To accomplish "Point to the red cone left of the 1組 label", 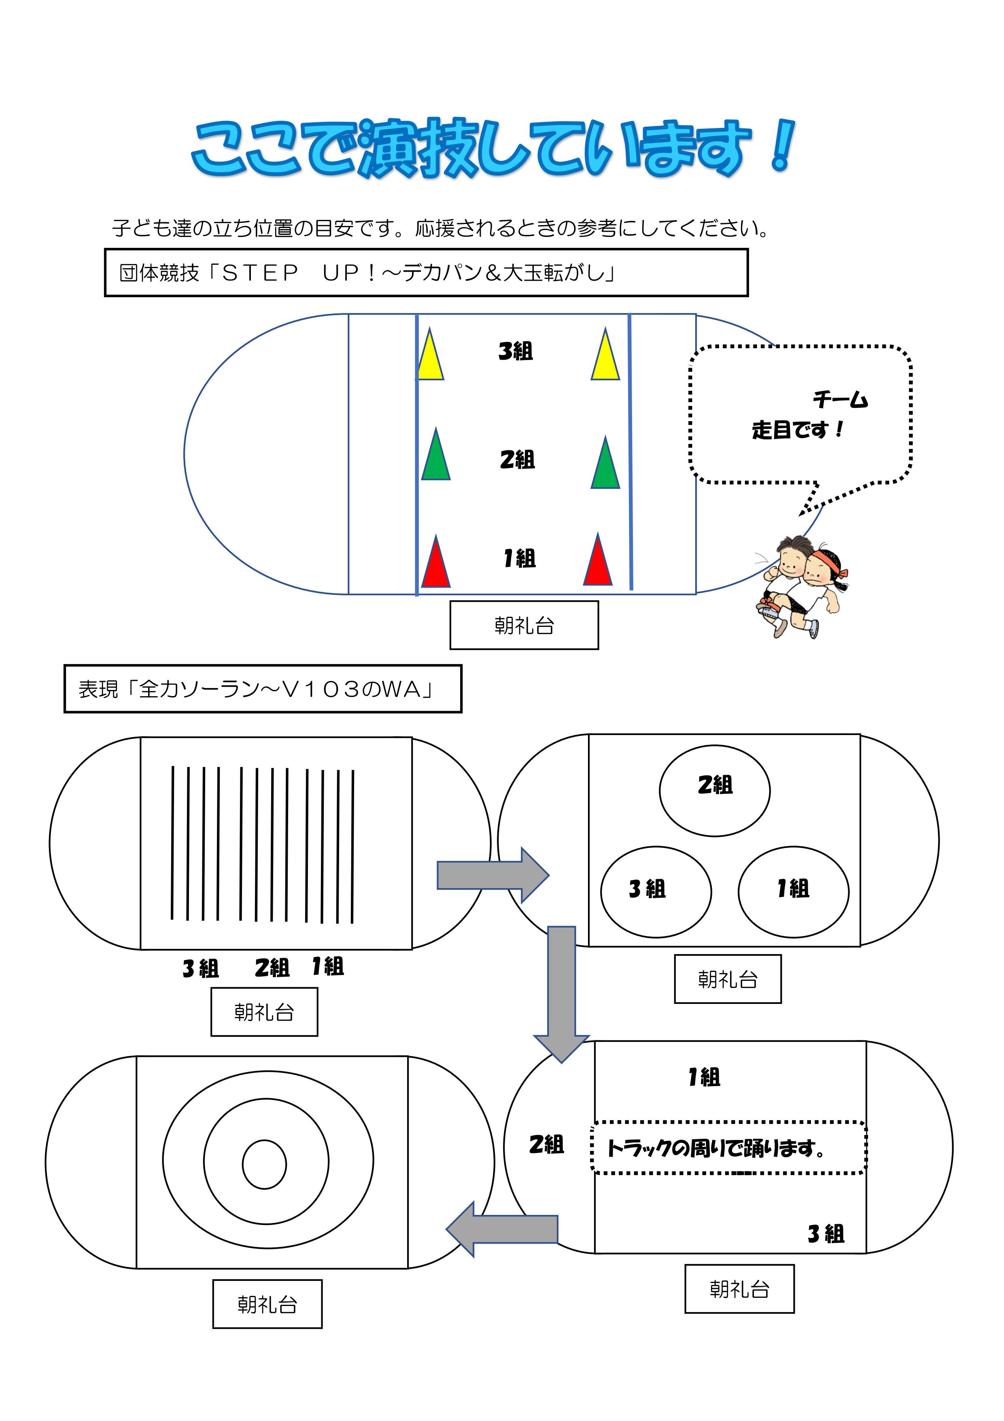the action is [435, 561].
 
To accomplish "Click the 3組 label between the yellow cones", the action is [515, 352].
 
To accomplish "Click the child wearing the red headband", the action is [821, 588].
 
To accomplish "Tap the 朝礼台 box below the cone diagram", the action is [524, 625].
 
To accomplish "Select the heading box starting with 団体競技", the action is [426, 273].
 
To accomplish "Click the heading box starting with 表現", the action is [263, 689].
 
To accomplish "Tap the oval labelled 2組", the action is [715, 790].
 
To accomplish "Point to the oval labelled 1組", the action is [794, 892].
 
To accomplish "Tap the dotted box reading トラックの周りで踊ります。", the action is [729, 1147].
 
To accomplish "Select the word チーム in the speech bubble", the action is [840, 400].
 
